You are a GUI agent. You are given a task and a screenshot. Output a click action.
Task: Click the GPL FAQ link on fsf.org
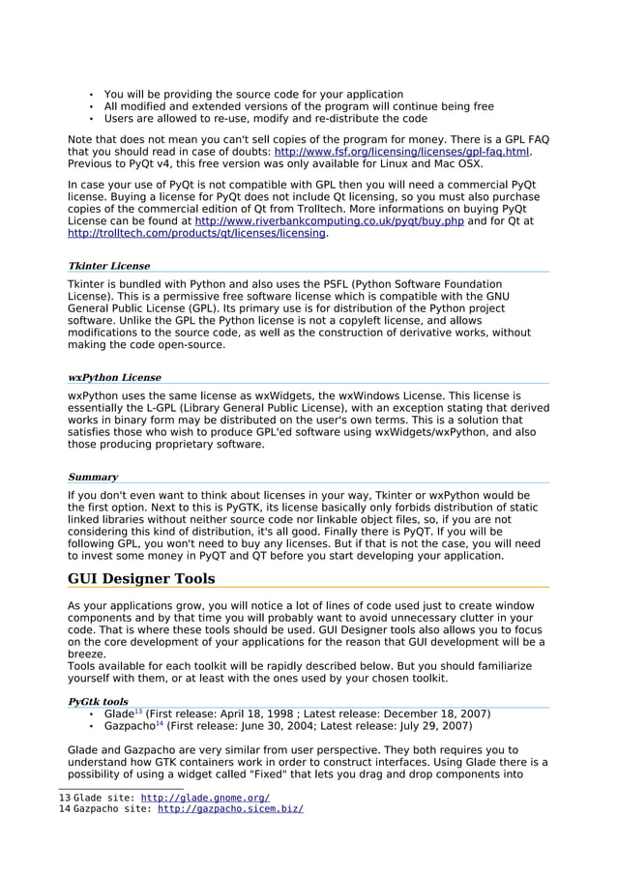[x=402, y=152]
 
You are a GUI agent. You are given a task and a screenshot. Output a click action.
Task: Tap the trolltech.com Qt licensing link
[x=196, y=233]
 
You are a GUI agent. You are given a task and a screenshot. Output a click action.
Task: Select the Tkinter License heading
[x=108, y=265]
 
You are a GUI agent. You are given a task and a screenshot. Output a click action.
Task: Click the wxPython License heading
[x=114, y=377]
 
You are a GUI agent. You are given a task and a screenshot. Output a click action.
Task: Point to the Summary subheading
[x=93, y=477]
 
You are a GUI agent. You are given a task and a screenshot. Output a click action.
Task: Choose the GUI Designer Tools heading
[x=141, y=579]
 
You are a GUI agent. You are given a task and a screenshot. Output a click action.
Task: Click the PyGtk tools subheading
[x=98, y=701]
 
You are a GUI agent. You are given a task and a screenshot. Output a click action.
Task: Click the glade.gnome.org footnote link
[x=205, y=798]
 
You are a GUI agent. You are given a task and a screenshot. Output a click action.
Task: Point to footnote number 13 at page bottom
[x=65, y=798]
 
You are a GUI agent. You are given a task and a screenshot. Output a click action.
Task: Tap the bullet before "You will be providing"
[x=90, y=95]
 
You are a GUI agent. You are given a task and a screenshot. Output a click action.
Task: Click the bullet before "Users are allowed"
[x=90, y=119]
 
